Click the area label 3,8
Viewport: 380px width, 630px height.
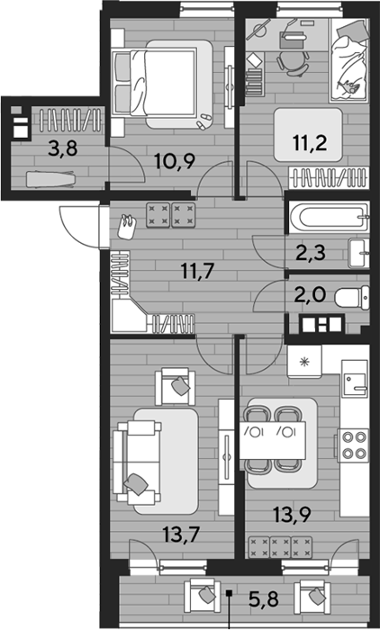(62, 149)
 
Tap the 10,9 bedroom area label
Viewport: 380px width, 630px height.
(176, 161)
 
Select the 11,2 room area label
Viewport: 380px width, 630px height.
(310, 142)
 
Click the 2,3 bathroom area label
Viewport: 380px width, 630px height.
(312, 254)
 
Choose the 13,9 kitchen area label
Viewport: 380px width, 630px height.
(292, 514)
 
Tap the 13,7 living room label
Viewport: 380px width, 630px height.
(181, 535)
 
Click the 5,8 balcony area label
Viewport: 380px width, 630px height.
(264, 600)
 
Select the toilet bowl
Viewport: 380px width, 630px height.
(352, 298)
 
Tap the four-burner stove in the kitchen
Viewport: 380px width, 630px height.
(353, 445)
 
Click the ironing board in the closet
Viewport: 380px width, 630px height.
(50, 179)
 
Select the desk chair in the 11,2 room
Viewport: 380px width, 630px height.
(294, 61)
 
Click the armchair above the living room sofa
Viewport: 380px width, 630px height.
(176, 387)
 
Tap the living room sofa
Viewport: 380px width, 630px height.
(137, 461)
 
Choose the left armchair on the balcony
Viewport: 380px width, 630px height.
(203, 596)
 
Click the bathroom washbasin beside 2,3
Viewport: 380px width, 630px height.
(358, 253)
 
